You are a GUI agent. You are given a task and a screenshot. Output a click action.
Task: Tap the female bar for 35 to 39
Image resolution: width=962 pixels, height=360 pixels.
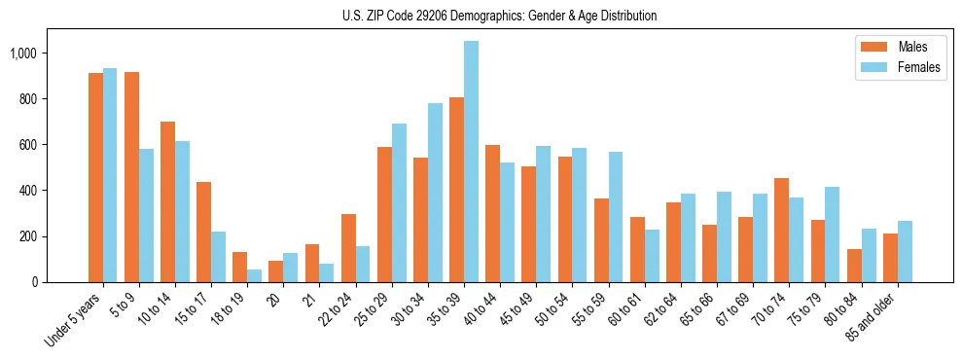pos(472,162)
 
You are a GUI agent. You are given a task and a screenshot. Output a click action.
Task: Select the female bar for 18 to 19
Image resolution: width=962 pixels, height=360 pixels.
pos(255,275)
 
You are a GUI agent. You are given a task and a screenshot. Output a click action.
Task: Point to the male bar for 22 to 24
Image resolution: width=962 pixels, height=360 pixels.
pos(348,248)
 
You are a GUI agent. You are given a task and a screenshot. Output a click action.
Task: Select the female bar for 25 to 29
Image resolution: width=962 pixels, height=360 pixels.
pos(400,202)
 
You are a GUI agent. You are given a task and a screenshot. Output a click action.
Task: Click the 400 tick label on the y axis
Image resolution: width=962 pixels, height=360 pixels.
pos(28,191)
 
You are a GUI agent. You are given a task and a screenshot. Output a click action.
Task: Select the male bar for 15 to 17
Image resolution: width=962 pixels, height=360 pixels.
pos(203,233)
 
